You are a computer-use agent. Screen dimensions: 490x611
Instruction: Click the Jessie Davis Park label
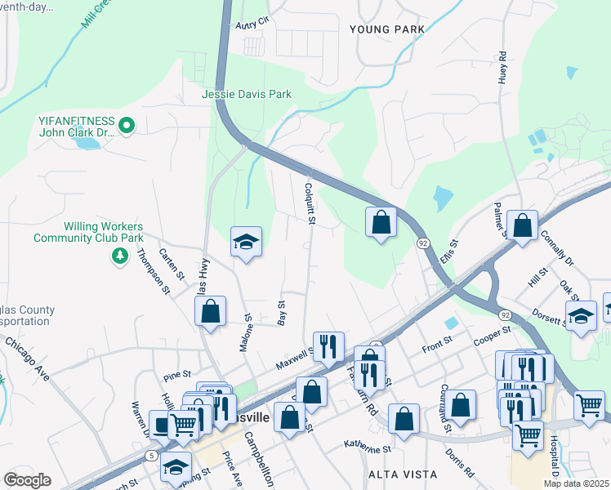tap(247, 95)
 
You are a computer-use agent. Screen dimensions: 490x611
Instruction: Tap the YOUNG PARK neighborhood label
tap(386, 29)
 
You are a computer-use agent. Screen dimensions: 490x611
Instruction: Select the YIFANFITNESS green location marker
tap(126, 126)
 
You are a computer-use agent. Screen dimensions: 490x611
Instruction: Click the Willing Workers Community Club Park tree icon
tap(120, 256)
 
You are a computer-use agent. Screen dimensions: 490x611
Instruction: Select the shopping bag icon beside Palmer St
tap(522, 224)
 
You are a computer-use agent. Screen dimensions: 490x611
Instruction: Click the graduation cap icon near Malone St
tap(246, 242)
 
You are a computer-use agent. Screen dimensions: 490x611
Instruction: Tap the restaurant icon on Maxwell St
tap(328, 346)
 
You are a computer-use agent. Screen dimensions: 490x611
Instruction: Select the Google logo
tap(27, 479)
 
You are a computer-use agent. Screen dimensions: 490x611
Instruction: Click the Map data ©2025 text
tap(576, 483)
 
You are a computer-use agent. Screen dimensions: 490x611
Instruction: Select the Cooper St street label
tap(491, 334)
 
